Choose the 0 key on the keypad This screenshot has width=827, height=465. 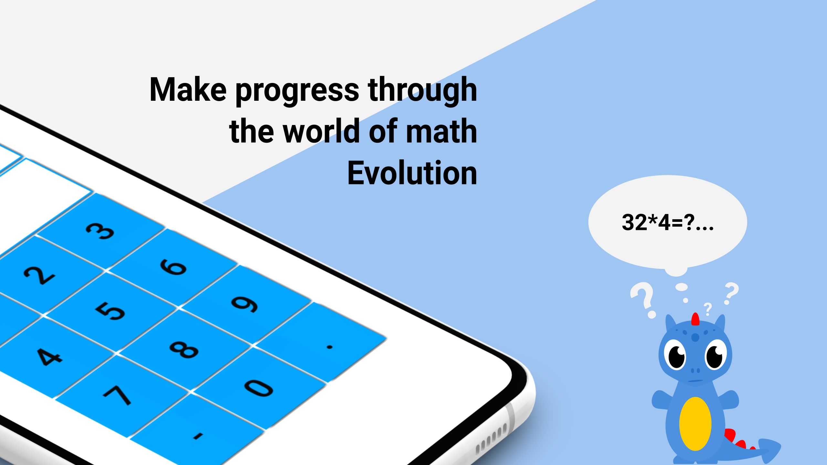pos(258,387)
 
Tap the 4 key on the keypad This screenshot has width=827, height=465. pos(48,356)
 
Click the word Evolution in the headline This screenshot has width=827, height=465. pos(412,173)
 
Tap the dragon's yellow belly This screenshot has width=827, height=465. pos(695,424)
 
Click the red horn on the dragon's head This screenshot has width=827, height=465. pos(695,319)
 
